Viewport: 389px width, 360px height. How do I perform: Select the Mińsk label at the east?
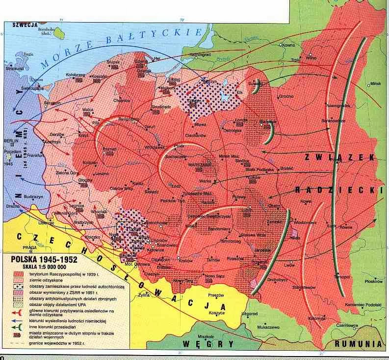376,83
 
